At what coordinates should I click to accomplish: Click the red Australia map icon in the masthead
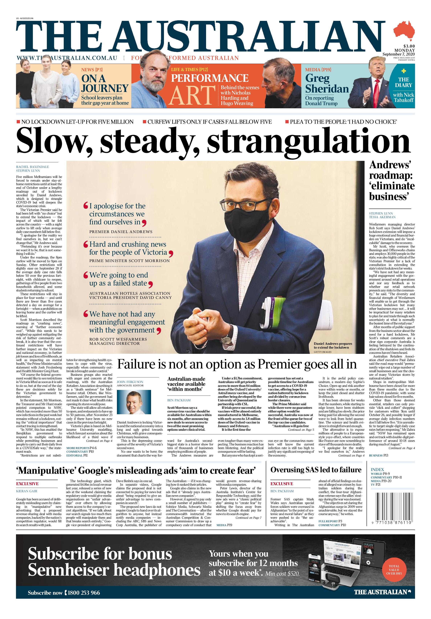pos(404,30)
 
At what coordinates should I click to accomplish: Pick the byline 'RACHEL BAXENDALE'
pos(32,167)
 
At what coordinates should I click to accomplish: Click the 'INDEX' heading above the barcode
pos(377,469)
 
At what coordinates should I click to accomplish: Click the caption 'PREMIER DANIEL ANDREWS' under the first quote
pos(121,232)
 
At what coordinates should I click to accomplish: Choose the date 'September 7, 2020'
pos(398,54)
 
